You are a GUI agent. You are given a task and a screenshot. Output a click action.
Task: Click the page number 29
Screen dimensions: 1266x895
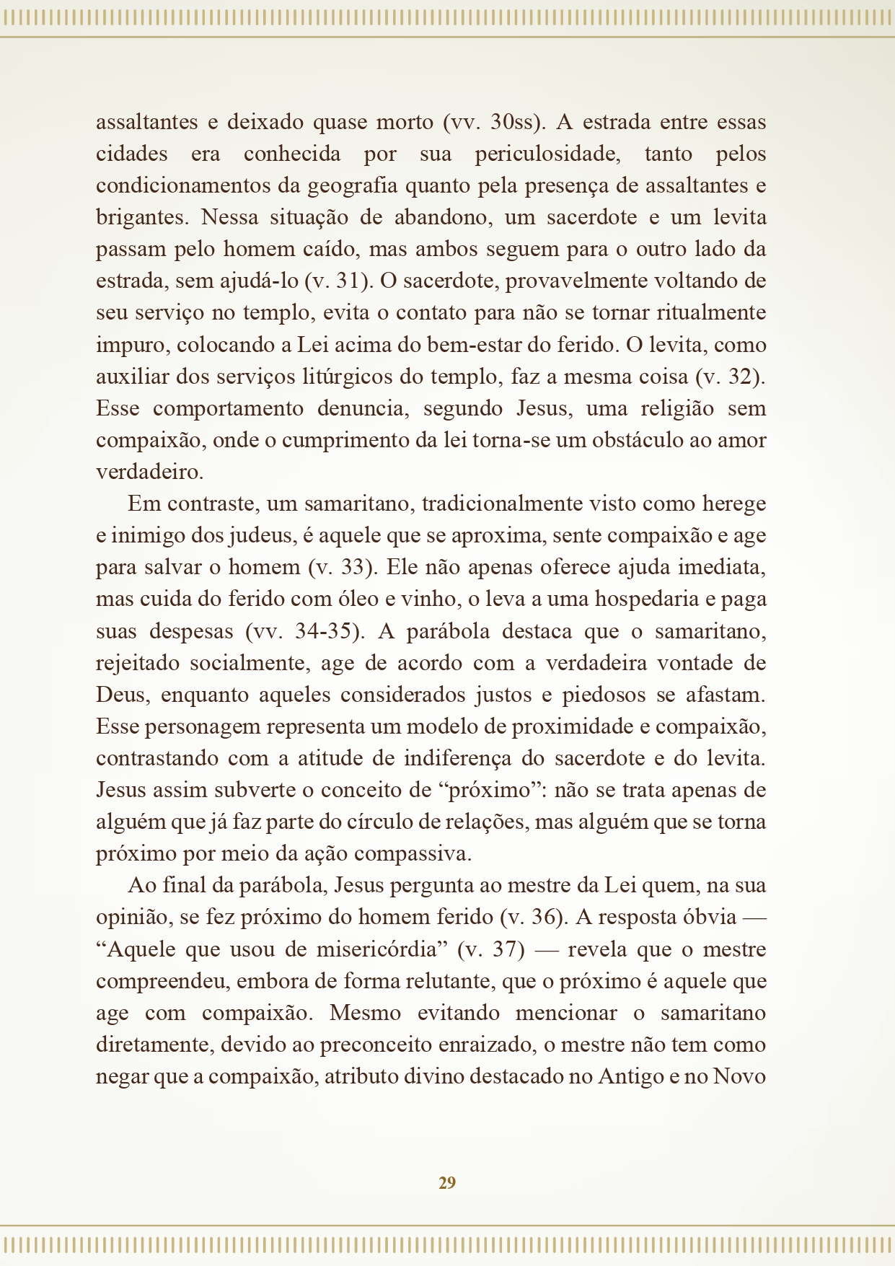[x=447, y=1182]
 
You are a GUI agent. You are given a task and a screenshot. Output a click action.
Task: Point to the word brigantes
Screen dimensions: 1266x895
[x=141, y=218]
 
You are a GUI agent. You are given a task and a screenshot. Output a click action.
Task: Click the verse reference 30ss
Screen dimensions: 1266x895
[x=513, y=123]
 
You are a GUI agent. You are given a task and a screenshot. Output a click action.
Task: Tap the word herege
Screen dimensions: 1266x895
[x=734, y=504]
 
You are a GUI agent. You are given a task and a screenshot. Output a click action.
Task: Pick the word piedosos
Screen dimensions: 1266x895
[x=604, y=695]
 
